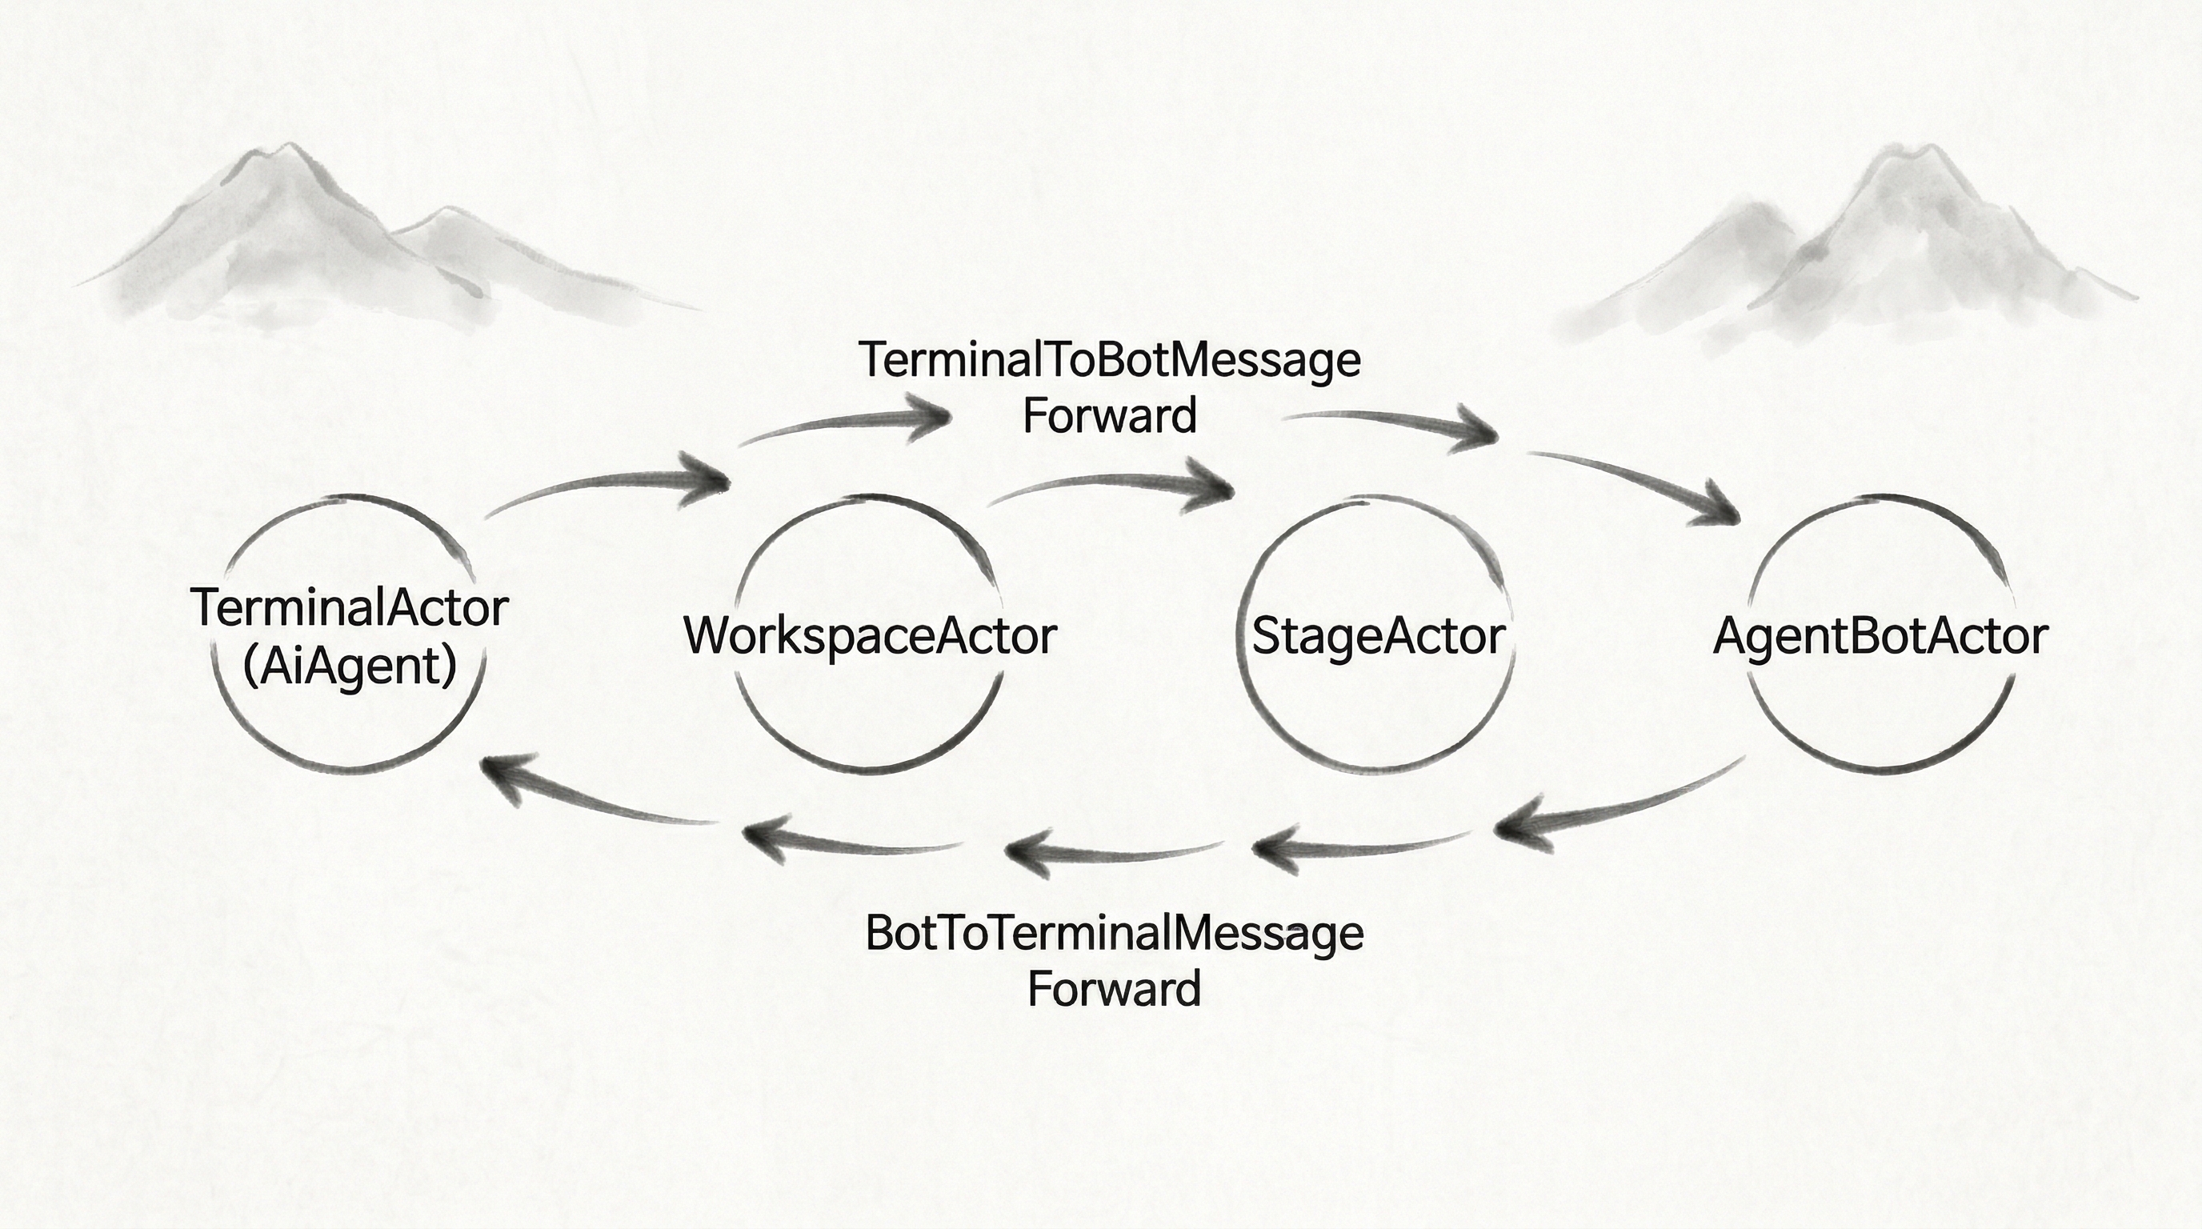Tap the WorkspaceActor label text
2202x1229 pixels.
coord(871,637)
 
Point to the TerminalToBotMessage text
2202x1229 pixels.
coord(1109,360)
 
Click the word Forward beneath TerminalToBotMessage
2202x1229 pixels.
coord(1109,417)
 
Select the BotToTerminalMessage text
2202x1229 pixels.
coord(1114,932)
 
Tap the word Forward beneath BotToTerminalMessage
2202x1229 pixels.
coord(1114,989)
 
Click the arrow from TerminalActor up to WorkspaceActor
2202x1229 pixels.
coord(607,487)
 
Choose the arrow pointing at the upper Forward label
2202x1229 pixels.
coord(847,424)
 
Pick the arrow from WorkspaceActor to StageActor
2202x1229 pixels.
coord(1111,487)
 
